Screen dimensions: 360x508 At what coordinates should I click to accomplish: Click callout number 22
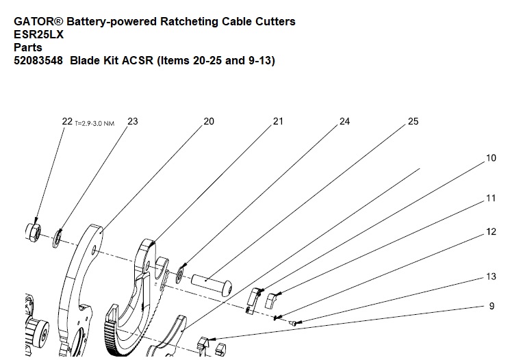pyautogui.click(x=66, y=122)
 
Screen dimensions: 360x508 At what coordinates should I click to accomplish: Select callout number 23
pyautogui.click(x=133, y=122)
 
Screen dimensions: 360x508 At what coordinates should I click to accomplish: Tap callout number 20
pyautogui.click(x=209, y=122)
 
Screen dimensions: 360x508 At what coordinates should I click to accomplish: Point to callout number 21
pyautogui.click(x=278, y=122)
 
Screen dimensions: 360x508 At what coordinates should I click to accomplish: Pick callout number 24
pyautogui.click(x=344, y=122)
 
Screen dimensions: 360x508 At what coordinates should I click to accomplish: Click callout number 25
pyautogui.click(x=413, y=122)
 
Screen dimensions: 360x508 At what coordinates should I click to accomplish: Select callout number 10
pyautogui.click(x=491, y=158)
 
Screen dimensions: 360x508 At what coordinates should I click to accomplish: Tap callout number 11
pyautogui.click(x=491, y=198)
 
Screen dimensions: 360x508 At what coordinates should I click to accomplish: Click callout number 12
pyautogui.click(x=491, y=232)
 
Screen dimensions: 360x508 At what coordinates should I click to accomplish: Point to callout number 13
pyautogui.click(x=491, y=277)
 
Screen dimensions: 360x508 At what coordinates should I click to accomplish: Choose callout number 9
pyautogui.click(x=492, y=307)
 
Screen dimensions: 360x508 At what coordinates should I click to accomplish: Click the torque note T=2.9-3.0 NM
pyautogui.click(x=94, y=124)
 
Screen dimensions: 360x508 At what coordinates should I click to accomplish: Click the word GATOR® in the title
pyautogui.click(x=38, y=22)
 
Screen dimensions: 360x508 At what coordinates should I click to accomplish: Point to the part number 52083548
pyautogui.click(x=38, y=61)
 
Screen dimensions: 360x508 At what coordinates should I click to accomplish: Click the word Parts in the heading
pyautogui.click(x=28, y=48)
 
